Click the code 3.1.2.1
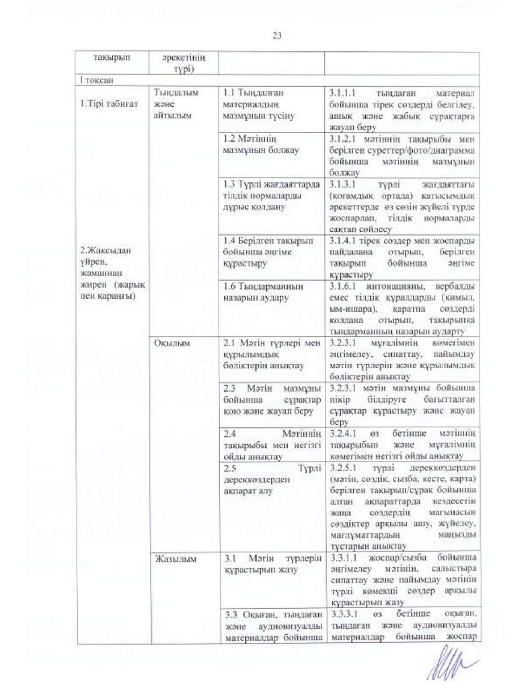(x=347, y=139)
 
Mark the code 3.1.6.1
(x=347, y=287)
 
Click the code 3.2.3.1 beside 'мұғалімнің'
(x=347, y=343)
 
